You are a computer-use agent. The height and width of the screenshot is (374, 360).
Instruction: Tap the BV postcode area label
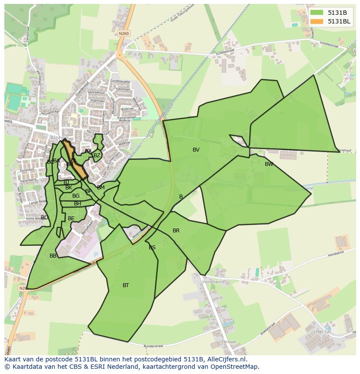point(196,150)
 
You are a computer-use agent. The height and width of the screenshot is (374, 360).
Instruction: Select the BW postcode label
point(269,164)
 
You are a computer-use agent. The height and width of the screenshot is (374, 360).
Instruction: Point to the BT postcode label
point(126,285)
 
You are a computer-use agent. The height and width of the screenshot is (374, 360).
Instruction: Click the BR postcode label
point(176,231)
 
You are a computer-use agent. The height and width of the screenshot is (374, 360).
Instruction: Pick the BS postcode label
point(152,248)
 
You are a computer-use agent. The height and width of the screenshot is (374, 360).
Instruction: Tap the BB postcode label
point(53,256)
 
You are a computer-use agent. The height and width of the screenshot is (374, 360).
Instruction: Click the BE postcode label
point(71,218)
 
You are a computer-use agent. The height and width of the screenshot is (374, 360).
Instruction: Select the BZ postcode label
point(97,156)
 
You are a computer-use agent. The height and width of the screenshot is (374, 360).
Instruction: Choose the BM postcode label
point(101,188)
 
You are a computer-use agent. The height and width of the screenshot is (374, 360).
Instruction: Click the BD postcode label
point(44,218)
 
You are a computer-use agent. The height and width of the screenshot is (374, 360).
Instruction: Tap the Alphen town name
point(59,138)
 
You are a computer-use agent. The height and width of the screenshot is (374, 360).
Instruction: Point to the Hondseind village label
point(213,282)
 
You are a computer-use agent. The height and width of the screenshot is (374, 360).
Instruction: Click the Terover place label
point(229,342)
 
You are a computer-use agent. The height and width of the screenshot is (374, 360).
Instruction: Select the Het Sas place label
point(323,331)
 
